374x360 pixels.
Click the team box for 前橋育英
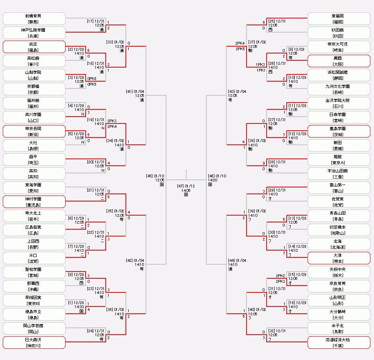tap(34, 19)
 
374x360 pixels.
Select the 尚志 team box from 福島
tap(34, 47)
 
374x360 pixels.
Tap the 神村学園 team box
tap(34, 202)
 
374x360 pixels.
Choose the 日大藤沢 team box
tap(34, 342)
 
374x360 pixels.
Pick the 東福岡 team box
tap(339, 19)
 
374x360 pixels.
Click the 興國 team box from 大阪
tap(339, 61)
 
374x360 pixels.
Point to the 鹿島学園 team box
tap(339, 131)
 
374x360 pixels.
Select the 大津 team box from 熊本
tap(339, 258)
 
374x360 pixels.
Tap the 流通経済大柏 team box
tap(339, 342)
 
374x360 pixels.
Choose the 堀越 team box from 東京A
tap(339, 159)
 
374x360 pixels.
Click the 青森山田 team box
tap(339, 216)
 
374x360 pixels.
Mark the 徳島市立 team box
tap(34, 314)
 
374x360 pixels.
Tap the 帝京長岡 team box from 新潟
tap(34, 131)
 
